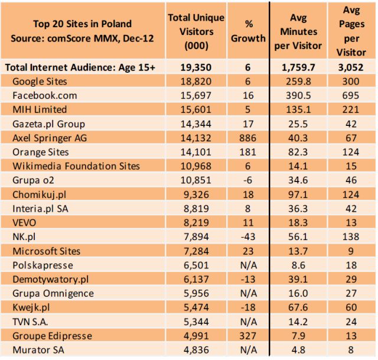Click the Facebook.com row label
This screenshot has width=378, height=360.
point(45,95)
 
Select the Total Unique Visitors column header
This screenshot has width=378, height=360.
point(196,31)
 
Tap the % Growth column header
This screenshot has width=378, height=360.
point(248,31)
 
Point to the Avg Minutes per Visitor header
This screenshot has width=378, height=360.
point(298,31)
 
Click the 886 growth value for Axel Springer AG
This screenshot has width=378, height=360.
point(248,138)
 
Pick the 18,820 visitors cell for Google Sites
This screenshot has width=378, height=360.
point(196,81)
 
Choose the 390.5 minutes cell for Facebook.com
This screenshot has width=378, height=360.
point(298,95)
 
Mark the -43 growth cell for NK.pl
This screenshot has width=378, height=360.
point(248,237)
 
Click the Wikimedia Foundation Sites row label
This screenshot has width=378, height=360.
point(76,166)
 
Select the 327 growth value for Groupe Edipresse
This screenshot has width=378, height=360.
point(248,336)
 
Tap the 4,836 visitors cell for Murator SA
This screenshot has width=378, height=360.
point(196,351)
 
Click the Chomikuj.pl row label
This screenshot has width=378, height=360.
point(42,194)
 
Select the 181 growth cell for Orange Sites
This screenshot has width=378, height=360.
point(248,152)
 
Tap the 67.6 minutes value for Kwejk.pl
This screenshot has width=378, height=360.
point(298,308)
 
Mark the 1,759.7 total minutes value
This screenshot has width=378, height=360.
point(298,67)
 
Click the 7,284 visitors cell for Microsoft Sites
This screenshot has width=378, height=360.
point(196,251)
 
